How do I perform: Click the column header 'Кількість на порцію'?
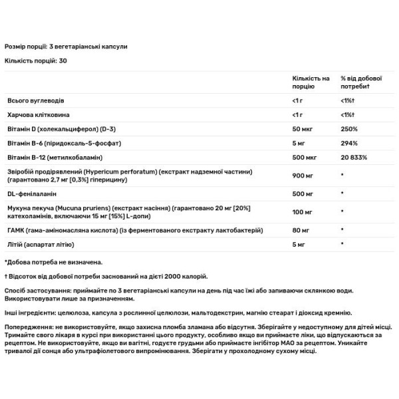pyautogui.click(x=311, y=82)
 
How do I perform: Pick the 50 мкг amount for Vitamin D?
pyautogui.click(x=303, y=128)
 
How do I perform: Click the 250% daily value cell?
pyautogui.click(x=348, y=128)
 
